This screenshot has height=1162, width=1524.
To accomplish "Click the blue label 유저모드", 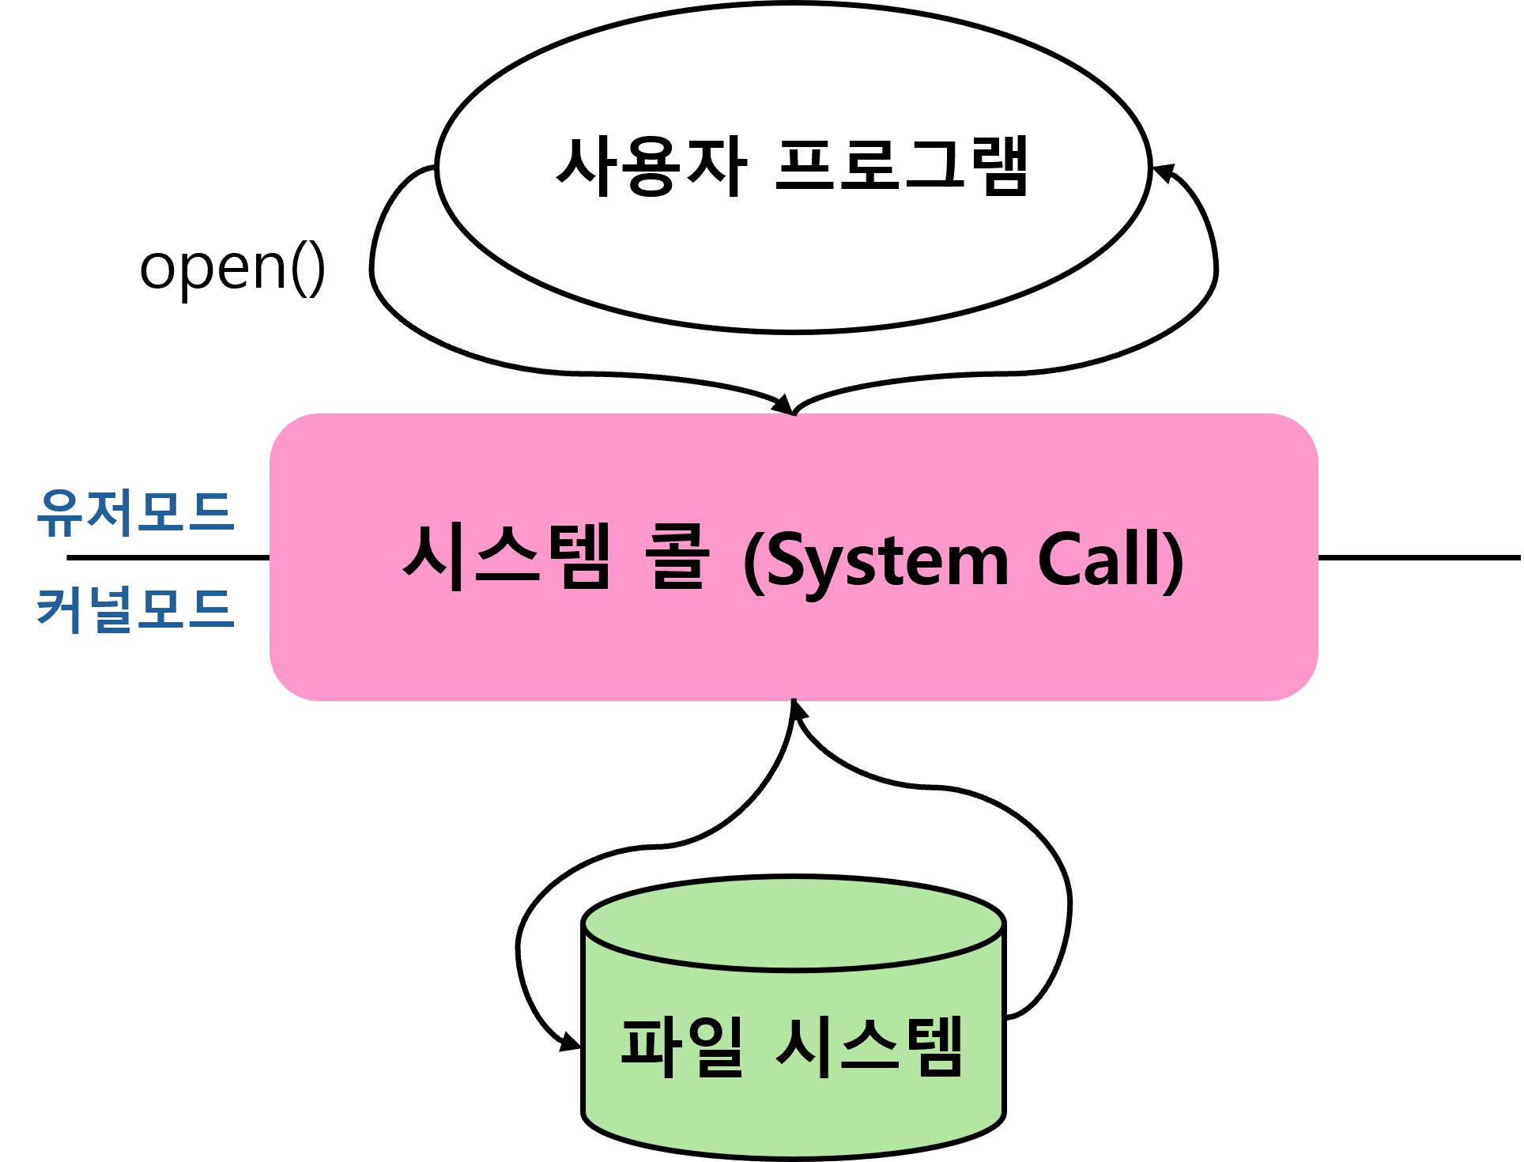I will tap(135, 512).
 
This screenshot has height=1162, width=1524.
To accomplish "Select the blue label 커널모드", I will tap(135, 609).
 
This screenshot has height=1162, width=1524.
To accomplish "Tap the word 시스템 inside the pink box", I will tap(507, 557).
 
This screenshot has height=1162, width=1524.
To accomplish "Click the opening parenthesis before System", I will tap(752, 561).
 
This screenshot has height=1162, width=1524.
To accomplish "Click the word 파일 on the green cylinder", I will tap(681, 1047).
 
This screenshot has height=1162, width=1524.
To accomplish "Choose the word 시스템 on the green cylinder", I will tap(870, 1047).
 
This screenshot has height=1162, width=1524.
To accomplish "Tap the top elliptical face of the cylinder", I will tap(794, 923).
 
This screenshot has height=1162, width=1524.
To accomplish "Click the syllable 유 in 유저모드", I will tap(61, 512).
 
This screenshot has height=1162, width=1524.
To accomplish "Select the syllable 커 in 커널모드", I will tap(61, 609).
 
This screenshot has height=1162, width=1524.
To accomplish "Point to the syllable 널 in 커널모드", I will tap(111, 609).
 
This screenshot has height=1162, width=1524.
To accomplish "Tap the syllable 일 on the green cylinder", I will tap(715, 1047).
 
